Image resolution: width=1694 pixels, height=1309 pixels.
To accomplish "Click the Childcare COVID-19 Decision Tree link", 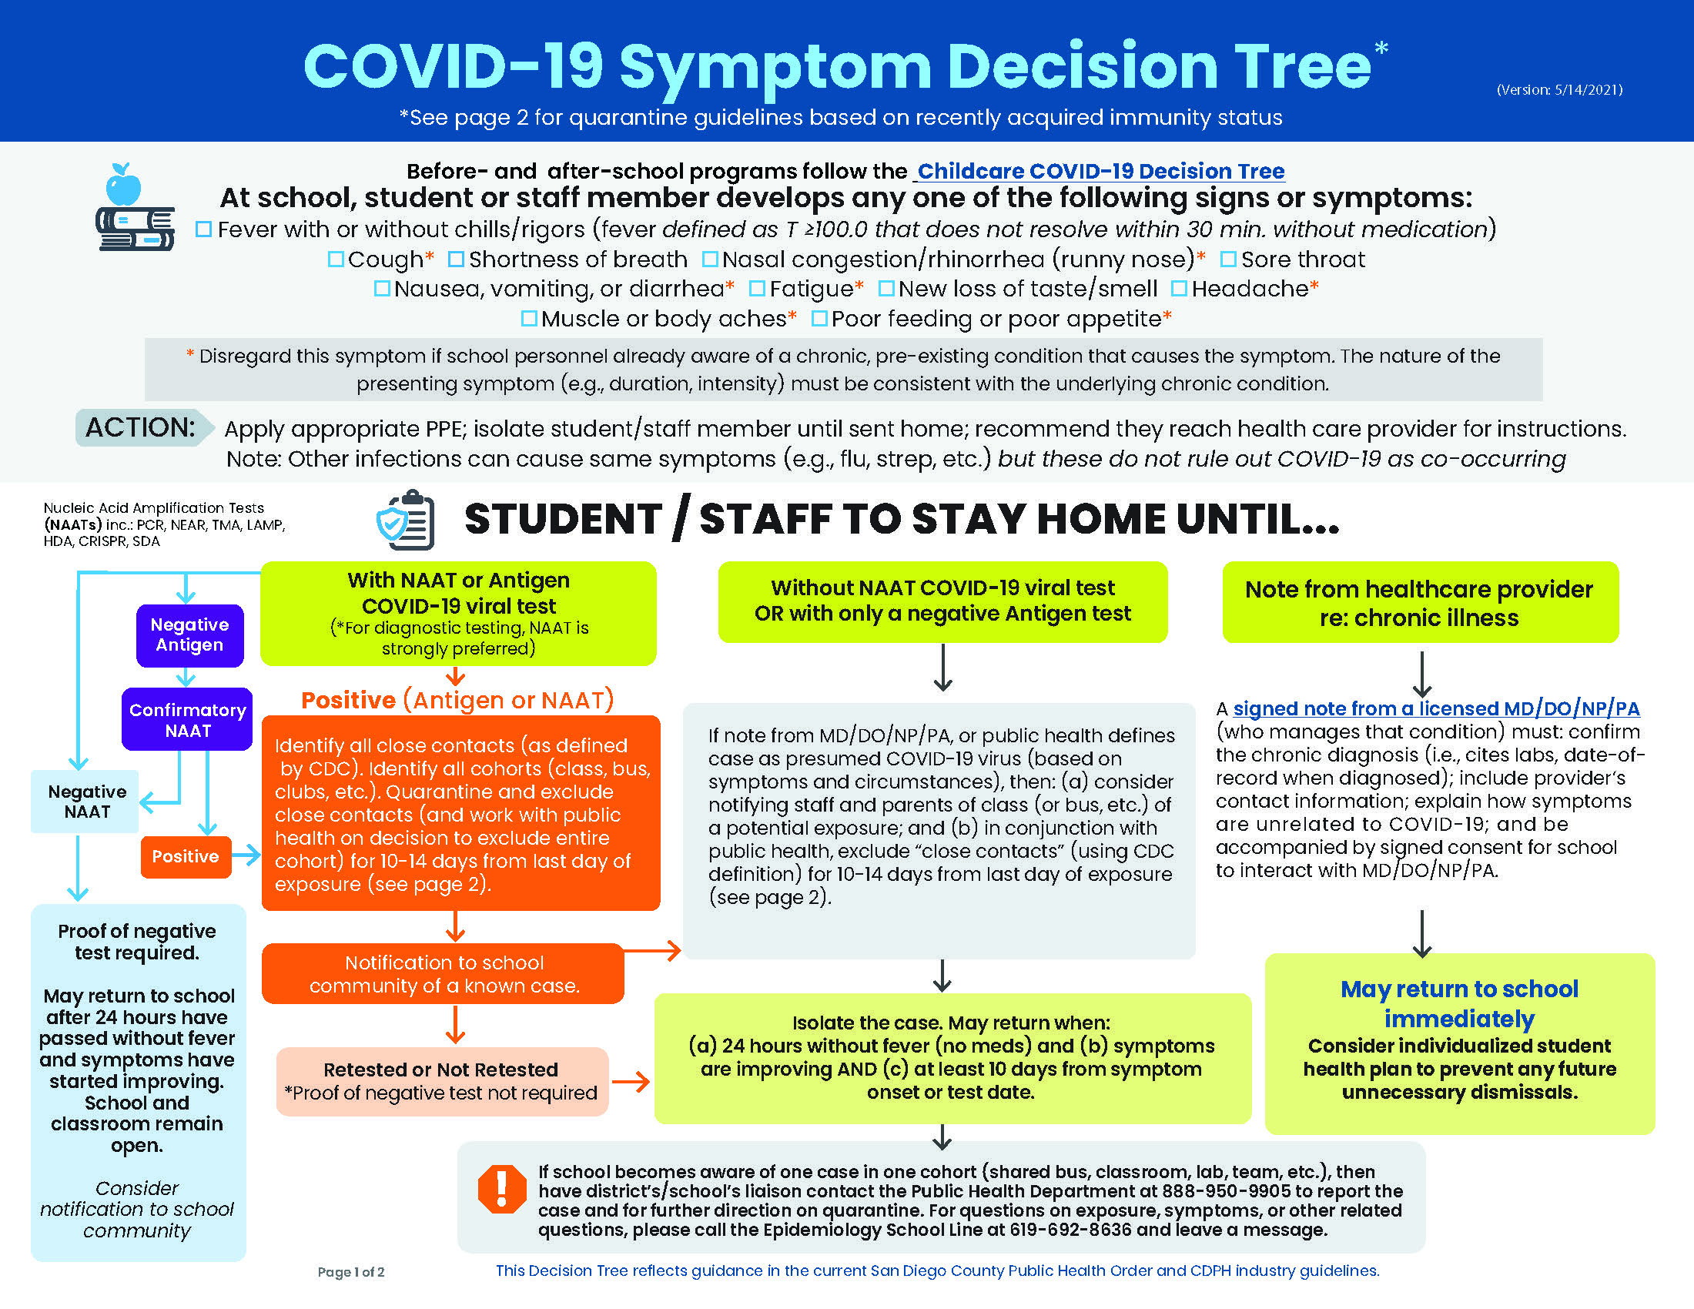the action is tap(1100, 171).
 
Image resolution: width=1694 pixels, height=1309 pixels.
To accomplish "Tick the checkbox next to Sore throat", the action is tap(1228, 259).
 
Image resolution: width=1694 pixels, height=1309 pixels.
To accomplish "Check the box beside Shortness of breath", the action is tap(456, 259).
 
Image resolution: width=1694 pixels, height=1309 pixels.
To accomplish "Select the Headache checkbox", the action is tap(1179, 289).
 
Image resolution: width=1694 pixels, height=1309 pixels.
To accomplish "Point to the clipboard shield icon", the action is tap(406, 521).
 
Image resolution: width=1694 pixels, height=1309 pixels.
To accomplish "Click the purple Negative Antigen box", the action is tap(190, 635).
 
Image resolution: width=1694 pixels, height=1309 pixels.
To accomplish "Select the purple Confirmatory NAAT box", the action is tap(187, 720).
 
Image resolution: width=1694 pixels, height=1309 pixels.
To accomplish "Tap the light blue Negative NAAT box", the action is tap(85, 801).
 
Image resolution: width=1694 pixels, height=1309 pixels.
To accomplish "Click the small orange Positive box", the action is tap(186, 856).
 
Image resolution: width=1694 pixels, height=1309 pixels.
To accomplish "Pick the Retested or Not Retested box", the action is tap(442, 1081).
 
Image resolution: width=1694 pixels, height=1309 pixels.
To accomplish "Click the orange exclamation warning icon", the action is tap(502, 1189).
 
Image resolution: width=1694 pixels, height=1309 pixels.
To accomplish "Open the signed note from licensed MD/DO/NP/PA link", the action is tap(1437, 708).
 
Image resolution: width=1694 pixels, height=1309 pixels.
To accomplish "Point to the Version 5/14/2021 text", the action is tap(1560, 90).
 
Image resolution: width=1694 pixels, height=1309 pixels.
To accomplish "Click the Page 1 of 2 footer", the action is tap(350, 1272).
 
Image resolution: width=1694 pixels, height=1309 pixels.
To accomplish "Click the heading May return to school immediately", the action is tap(1459, 1003).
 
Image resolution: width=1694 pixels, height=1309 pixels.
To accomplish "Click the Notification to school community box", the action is tap(443, 973).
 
